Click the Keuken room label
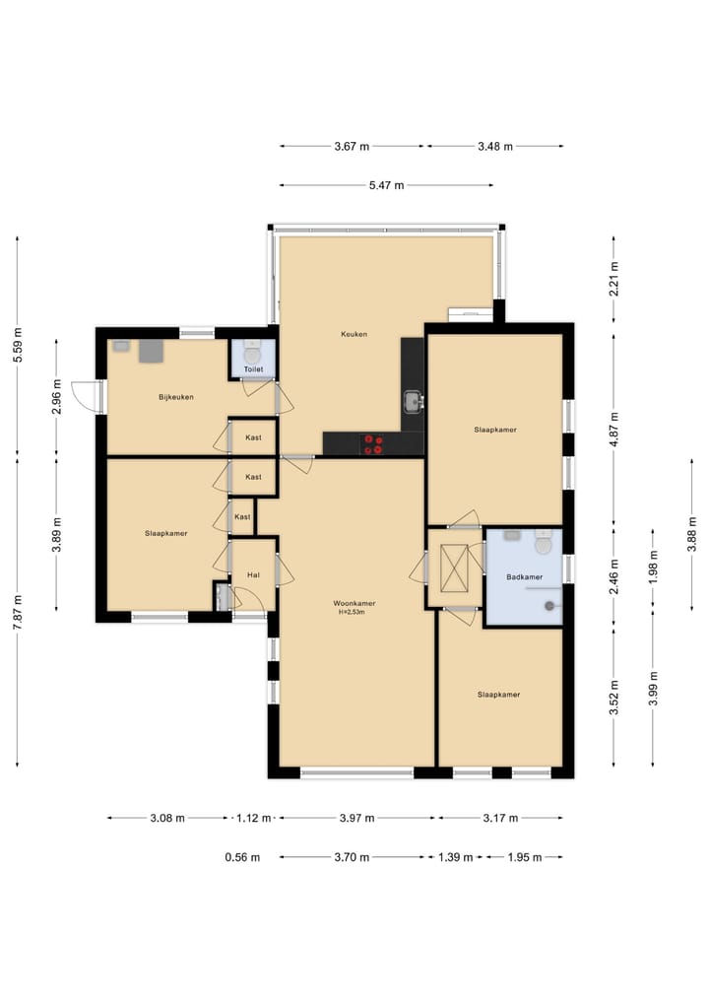coord(354,334)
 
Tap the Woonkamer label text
coord(354,603)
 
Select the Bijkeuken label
coord(176,397)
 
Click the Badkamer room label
coord(524,577)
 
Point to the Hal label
coord(253,575)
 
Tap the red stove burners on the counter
coord(373,444)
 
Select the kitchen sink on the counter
coord(413,402)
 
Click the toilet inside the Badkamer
coord(543,542)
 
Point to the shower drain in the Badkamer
coord(548,606)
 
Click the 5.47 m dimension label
coord(386,185)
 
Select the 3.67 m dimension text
coord(352,147)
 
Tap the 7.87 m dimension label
coord(18,612)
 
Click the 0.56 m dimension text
coord(242,857)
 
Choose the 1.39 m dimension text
coord(455,857)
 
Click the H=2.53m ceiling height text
coord(352,612)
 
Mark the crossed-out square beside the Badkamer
coord(455,568)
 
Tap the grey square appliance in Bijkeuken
coord(151,351)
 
